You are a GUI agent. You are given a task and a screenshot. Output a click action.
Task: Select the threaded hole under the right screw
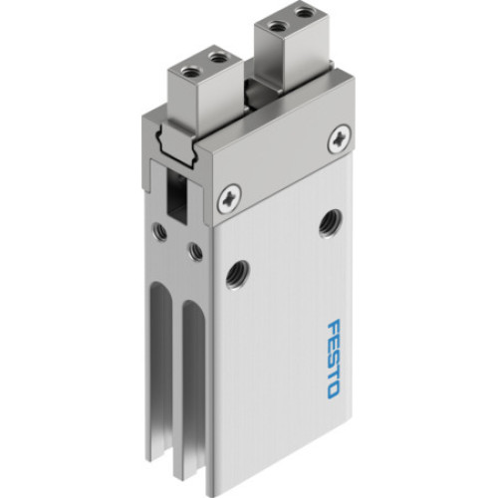click(x=327, y=223)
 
